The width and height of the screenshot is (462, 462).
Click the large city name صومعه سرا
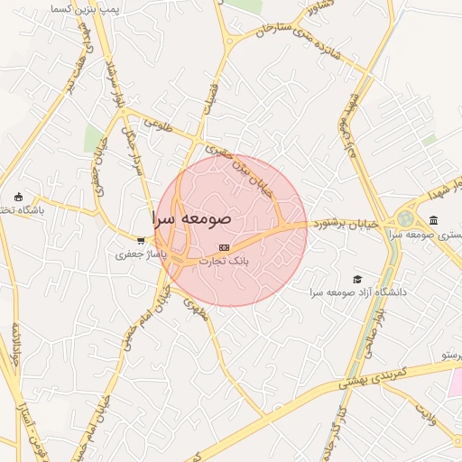[192, 219]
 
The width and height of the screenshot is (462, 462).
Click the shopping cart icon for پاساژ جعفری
[141, 241]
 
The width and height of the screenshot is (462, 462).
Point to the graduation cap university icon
[357, 280]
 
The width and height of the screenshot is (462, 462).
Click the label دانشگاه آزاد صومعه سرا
[358, 293]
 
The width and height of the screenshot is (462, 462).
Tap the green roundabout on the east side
[406, 218]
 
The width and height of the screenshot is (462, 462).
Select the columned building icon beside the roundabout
[433, 220]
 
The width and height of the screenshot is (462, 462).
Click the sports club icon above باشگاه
[18, 197]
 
